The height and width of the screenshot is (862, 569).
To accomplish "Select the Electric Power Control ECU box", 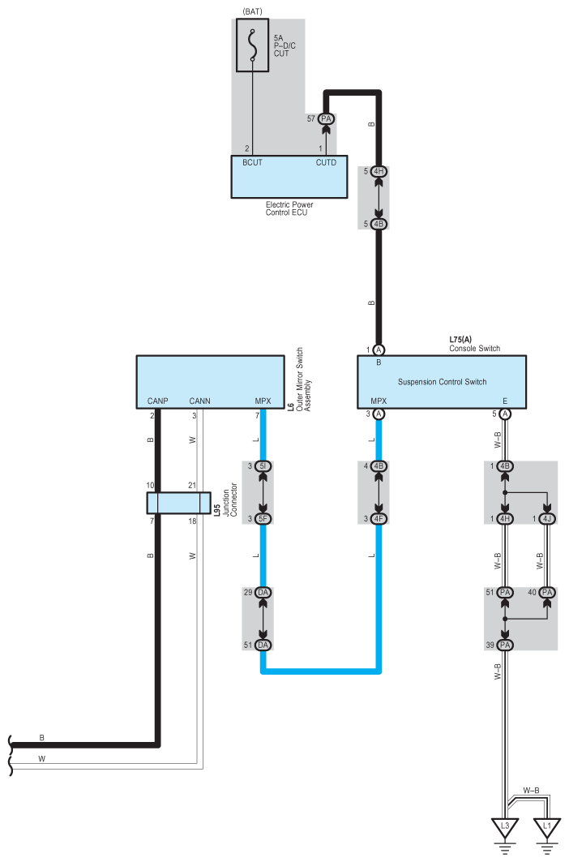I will tap(289, 177).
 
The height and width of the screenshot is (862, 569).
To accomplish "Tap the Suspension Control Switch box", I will tap(442, 381).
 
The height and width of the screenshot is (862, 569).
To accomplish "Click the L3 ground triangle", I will tap(504, 829).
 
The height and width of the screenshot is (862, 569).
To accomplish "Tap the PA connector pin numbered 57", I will tap(327, 118).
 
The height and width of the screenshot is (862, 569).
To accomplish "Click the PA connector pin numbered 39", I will tap(505, 644).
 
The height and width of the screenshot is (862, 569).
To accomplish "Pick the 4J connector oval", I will tap(548, 519).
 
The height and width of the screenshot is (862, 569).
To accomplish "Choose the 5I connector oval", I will tap(263, 466).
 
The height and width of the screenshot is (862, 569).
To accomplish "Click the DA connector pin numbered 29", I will tap(263, 593).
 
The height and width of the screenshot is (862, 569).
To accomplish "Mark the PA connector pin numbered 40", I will tap(548, 593).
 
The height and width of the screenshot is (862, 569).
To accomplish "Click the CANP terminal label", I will tap(156, 401).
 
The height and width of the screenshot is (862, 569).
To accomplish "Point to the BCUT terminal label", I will tap(252, 162).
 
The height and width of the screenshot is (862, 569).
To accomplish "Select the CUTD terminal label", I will tap(326, 162).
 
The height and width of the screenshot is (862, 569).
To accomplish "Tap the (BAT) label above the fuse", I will tap(254, 11).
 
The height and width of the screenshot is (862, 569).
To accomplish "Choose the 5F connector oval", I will tap(263, 519).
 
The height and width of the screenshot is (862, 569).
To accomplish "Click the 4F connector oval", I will tap(379, 519).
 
